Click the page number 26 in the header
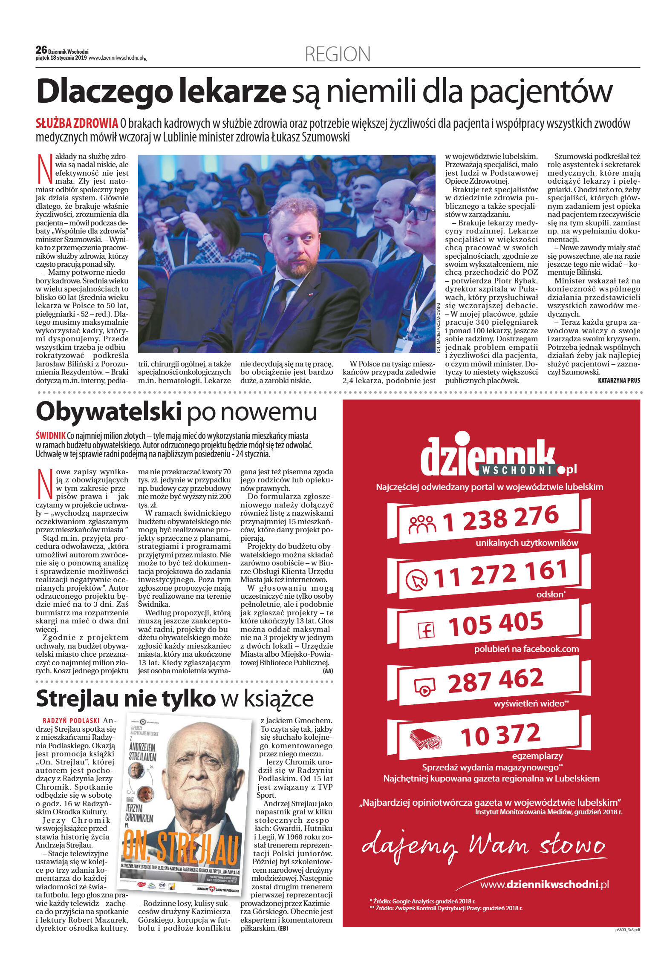pos(41,50)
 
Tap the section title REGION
pos(338,55)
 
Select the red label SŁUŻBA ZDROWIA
pos(77,124)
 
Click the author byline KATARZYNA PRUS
pos(619,380)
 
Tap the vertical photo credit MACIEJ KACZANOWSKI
pos(438,328)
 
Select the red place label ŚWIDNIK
pos(50,436)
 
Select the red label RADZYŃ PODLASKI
pos(71,721)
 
